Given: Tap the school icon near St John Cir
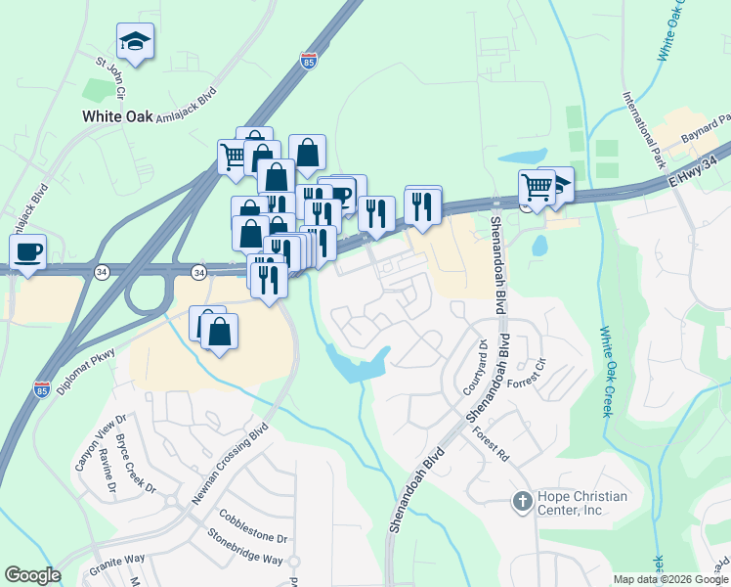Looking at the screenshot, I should (135, 42).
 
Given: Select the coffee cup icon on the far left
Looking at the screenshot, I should (27, 252).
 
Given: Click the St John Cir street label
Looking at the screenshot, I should (111, 79).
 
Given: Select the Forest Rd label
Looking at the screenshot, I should (491, 444).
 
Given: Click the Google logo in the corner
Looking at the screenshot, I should (33, 574).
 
